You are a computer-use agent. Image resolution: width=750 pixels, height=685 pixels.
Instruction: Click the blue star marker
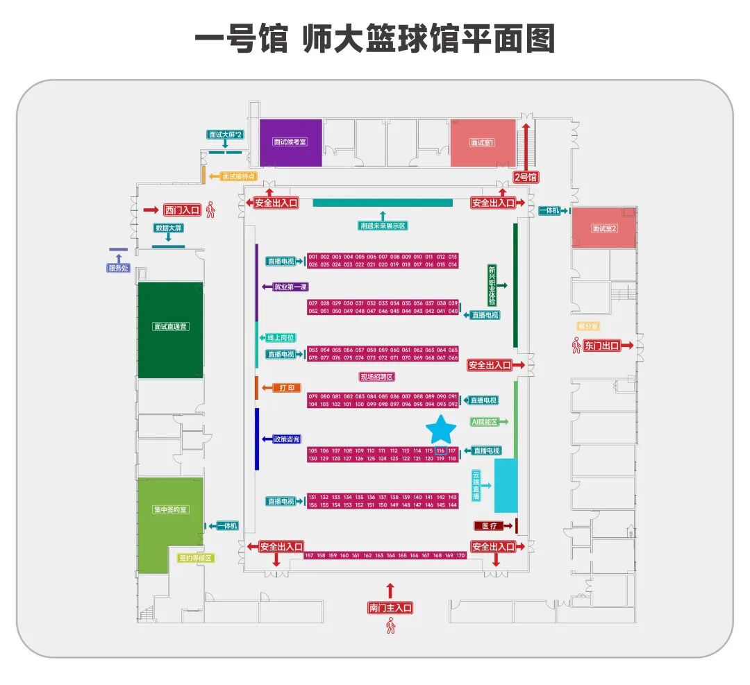click(x=440, y=430)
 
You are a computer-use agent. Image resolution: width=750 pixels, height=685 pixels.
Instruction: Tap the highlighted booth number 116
click(x=440, y=451)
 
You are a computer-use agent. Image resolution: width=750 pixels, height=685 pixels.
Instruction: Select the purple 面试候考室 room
click(x=290, y=142)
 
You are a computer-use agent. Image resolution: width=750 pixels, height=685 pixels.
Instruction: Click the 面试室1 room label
click(x=483, y=143)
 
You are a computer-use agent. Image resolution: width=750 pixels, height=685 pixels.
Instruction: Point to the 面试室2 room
click(x=603, y=228)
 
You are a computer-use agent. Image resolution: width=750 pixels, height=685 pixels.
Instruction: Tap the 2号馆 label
click(x=526, y=177)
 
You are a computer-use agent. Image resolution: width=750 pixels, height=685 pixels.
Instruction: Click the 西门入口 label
click(x=182, y=210)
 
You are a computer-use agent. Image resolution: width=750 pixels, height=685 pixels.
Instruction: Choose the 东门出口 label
click(x=601, y=346)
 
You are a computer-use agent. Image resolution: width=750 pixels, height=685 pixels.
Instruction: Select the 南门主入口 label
click(x=390, y=608)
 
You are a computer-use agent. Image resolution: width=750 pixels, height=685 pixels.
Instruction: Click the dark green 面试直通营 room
click(x=170, y=326)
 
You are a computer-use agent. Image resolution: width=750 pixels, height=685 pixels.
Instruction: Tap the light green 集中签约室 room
click(x=170, y=510)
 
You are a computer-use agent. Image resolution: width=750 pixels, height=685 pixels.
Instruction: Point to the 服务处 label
click(x=118, y=268)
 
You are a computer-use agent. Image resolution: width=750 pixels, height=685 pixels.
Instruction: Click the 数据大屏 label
click(x=168, y=228)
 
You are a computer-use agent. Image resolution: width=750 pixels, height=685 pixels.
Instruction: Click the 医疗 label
click(x=489, y=526)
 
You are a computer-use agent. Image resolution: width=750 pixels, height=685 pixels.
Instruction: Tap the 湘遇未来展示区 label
click(x=383, y=226)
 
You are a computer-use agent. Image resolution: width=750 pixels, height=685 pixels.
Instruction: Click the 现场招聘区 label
click(x=377, y=377)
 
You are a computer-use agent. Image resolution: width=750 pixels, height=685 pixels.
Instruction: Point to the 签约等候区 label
click(x=196, y=557)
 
